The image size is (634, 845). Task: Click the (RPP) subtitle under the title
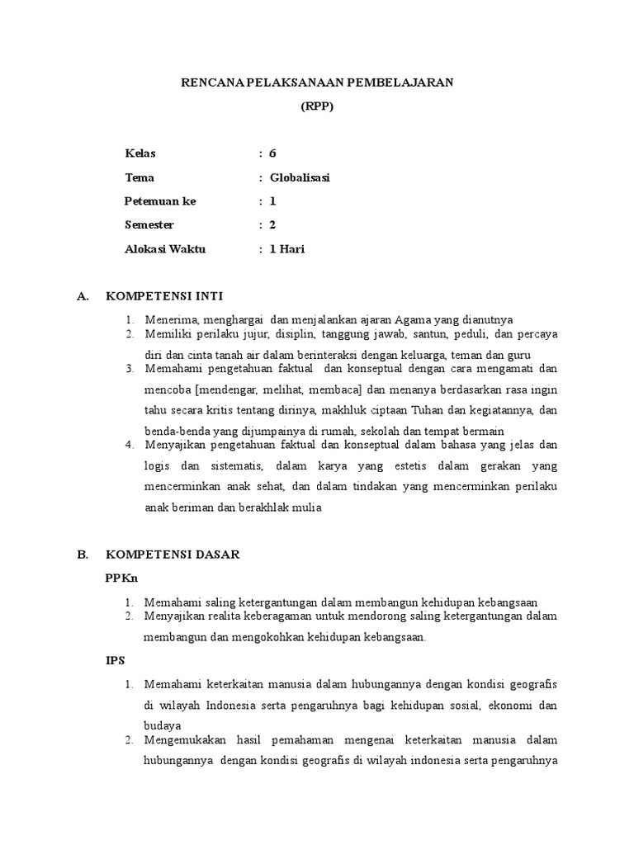pos(317,106)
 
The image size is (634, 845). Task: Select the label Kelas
pos(140,154)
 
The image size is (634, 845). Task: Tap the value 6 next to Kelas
pos(272,154)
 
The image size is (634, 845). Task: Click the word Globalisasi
pos(300,178)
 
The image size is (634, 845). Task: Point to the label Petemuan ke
pos(160,201)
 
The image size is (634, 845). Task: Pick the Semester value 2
pos(272,225)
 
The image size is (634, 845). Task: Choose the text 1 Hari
pos(287,249)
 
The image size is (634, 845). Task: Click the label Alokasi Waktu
pos(165,249)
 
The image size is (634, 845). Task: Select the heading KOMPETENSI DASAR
pos(173,555)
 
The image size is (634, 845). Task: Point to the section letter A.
pos(82,295)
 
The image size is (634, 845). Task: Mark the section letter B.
pos(82,555)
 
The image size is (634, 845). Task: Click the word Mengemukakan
pos(186,740)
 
